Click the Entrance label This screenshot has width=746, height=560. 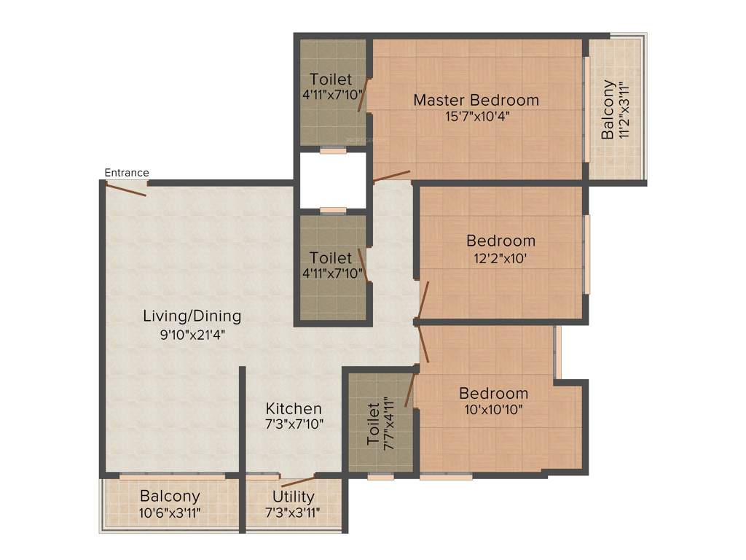[127, 173]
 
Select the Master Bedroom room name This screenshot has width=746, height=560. [476, 100]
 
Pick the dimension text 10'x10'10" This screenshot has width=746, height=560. [493, 410]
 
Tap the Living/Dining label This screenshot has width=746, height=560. [192, 316]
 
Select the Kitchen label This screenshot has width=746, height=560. [294, 408]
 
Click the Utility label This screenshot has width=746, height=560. [294, 497]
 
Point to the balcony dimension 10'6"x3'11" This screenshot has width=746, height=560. [170, 513]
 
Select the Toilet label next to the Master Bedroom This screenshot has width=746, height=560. [331, 79]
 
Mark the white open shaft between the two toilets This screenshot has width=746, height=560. [333, 180]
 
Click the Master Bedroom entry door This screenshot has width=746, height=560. [391, 176]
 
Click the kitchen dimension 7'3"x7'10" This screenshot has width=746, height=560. [294, 424]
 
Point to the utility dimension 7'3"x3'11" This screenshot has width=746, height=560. [294, 513]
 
